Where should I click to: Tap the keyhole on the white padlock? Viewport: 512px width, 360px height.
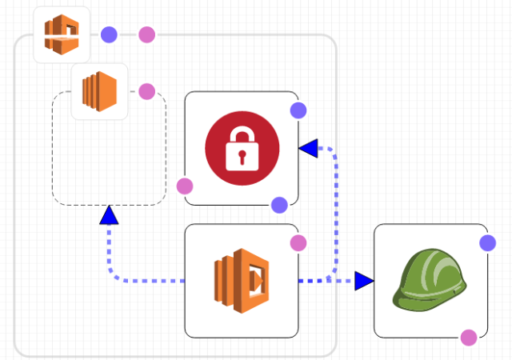pyautogui.click(x=242, y=158)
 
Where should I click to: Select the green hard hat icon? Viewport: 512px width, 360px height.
pyautogui.click(x=430, y=279)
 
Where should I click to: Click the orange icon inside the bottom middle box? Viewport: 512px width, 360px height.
pyautogui.click(x=242, y=280)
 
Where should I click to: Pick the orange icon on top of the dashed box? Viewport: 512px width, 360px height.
pyautogui.click(x=99, y=91)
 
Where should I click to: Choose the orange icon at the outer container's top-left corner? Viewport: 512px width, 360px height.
pyautogui.click(x=62, y=34)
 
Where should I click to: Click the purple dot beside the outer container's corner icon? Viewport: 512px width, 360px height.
pyautogui.click(x=110, y=34)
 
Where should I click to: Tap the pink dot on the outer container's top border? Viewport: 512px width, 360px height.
pyautogui.click(x=146, y=34)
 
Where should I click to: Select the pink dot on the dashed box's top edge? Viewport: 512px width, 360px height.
pyautogui.click(x=146, y=91)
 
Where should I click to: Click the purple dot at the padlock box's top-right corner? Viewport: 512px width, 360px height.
pyautogui.click(x=298, y=110)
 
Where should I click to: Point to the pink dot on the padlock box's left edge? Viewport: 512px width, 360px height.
pyautogui.click(x=185, y=186)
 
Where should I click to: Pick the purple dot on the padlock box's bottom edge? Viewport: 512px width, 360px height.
pyautogui.click(x=279, y=205)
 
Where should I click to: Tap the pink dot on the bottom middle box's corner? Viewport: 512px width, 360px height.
pyautogui.click(x=298, y=242)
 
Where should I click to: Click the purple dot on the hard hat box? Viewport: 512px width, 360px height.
pyautogui.click(x=487, y=242)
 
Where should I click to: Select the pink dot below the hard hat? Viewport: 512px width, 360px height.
pyautogui.click(x=469, y=338)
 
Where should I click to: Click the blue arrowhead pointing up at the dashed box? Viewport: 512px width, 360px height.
pyautogui.click(x=110, y=215)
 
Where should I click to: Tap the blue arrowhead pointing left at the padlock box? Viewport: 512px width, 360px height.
pyautogui.click(x=309, y=147)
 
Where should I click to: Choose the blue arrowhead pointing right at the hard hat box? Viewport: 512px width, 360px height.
pyautogui.click(x=364, y=280)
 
